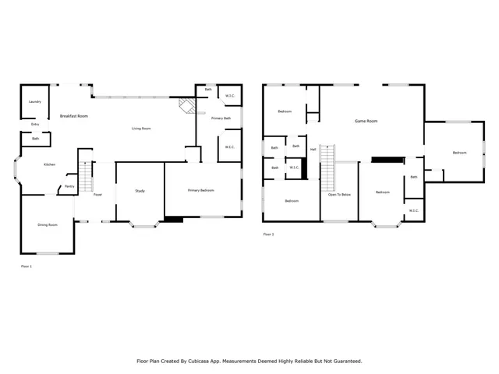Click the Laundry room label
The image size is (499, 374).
pyautogui.click(x=34, y=101)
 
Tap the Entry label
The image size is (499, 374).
pyautogui.click(x=35, y=124)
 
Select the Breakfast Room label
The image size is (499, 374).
pyautogui.click(x=74, y=116)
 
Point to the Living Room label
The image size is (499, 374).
pyautogui.click(x=141, y=129)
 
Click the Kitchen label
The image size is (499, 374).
pyautogui.click(x=49, y=164)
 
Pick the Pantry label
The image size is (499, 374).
pyautogui.click(x=69, y=186)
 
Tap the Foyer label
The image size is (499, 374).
pyautogui.click(x=98, y=194)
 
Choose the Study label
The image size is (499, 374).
pyautogui.click(x=140, y=191)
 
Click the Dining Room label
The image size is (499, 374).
pyautogui.click(x=48, y=225)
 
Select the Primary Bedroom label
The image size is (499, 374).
pyautogui.click(x=201, y=191)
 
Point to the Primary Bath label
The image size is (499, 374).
pyautogui.click(x=221, y=118)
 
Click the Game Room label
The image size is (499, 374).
pyautogui.click(x=366, y=121)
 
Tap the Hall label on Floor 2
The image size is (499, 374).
pyautogui.click(x=313, y=149)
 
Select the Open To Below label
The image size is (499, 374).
pyautogui.click(x=339, y=194)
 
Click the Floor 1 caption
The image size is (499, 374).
pyautogui.click(x=27, y=266)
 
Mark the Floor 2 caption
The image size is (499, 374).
pyautogui.click(x=268, y=234)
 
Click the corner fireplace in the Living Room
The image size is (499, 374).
pyautogui.click(x=186, y=105)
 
